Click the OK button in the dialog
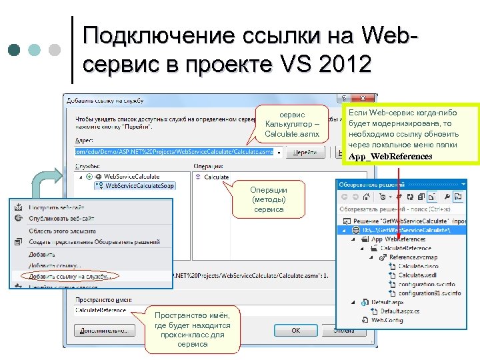(295, 330)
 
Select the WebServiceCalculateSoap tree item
(140, 185)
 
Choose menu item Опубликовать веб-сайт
(61, 219)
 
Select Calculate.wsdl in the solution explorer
(417, 275)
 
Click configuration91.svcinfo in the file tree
(429, 293)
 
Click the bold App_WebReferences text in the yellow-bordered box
(390, 157)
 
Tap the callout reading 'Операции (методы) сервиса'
(269, 199)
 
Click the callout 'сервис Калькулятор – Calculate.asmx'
(292, 125)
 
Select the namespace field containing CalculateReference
(107, 309)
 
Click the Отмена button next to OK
(344, 330)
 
